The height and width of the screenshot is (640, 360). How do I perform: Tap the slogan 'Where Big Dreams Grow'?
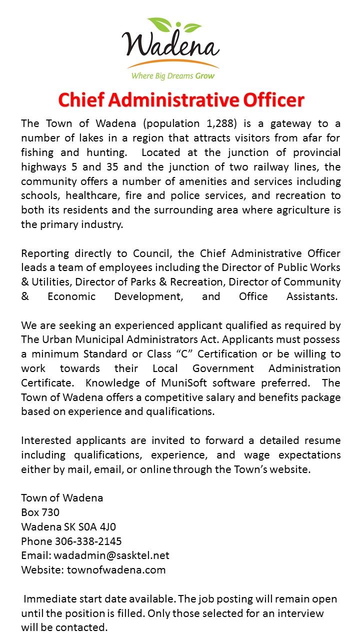[x=172, y=76]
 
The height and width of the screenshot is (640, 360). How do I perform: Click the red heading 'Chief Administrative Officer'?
[x=180, y=100]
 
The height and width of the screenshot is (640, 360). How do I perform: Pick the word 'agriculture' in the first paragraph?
[x=301, y=210]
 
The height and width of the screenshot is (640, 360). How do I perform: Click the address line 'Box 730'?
[x=40, y=512]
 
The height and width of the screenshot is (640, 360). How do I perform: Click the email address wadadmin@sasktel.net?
[x=111, y=555]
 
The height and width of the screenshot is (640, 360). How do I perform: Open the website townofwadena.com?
[x=116, y=570]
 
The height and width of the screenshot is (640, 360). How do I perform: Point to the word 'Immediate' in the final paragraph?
[x=49, y=599]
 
